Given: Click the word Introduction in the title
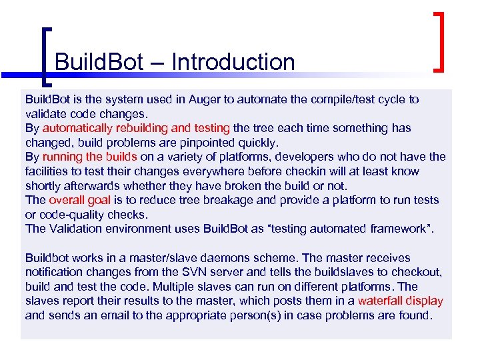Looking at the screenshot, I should (233, 62).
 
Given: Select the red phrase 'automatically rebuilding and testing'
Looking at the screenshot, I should (136, 127).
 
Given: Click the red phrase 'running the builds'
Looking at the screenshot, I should (90, 157).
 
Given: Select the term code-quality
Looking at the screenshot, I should (71, 215).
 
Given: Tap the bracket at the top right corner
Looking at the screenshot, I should (439, 40).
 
